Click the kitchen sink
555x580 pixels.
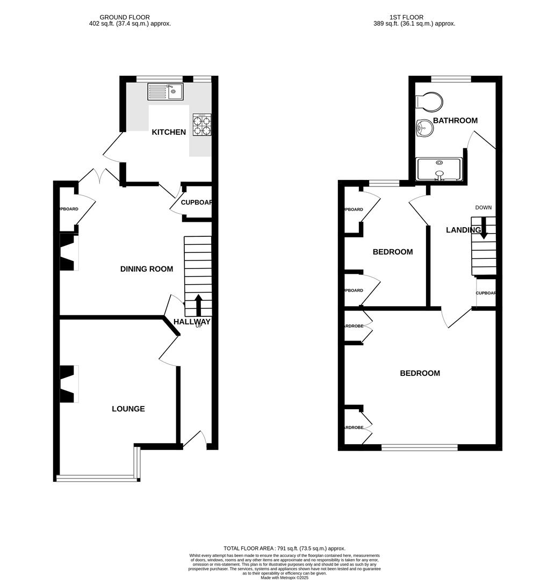click(x=165, y=92)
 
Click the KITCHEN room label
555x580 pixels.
click(x=169, y=132)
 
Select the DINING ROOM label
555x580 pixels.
click(x=147, y=269)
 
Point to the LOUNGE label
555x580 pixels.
click(x=128, y=409)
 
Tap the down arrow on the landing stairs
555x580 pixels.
click(x=484, y=228)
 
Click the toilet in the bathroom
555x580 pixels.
click(x=430, y=101)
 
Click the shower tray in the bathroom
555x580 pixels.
click(x=439, y=169)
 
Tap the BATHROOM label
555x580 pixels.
click(x=455, y=120)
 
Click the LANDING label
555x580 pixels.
click(x=463, y=230)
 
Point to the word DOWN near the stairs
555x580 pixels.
click(x=483, y=207)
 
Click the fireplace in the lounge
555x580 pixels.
click(x=68, y=383)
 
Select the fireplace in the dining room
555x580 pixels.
click(x=68, y=252)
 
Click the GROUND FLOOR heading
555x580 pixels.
click(x=125, y=17)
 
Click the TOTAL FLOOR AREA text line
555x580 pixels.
click(x=284, y=548)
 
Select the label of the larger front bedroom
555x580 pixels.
click(x=420, y=373)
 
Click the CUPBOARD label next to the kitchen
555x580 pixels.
click(x=196, y=203)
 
